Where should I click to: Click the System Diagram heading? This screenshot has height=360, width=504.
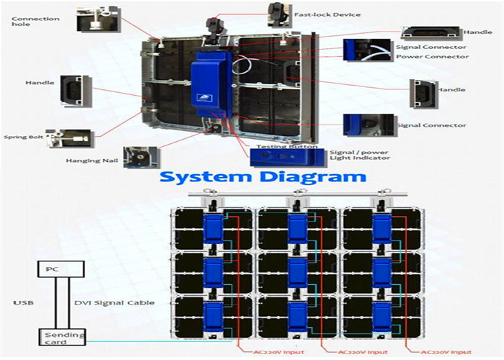click(263, 177)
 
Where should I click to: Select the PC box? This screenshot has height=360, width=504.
click(61, 269)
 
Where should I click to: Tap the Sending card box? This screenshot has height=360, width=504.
click(63, 338)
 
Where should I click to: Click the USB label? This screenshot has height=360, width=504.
click(24, 303)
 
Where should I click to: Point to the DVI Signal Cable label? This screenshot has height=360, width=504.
click(114, 303)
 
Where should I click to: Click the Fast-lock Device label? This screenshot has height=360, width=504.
click(327, 15)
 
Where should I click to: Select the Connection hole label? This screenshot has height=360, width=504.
click(35, 21)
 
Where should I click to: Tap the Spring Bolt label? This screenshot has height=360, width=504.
click(24, 137)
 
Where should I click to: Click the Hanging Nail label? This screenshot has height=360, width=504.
click(92, 161)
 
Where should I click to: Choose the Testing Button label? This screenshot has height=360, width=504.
click(287, 147)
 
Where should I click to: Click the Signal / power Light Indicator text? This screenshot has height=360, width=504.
click(360, 156)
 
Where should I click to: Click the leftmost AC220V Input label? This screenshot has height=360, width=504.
click(279, 353)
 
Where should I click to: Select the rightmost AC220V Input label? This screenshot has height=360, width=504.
click(446, 353)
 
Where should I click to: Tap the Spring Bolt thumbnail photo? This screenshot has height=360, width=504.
click(70, 138)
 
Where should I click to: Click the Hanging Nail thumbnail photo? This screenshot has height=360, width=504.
click(142, 158)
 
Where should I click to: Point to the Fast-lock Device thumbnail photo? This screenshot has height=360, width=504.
click(280, 15)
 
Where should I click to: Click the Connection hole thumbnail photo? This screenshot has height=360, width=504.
click(99, 20)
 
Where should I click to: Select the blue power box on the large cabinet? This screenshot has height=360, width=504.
click(212, 84)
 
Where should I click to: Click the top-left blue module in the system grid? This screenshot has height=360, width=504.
click(213, 228)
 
